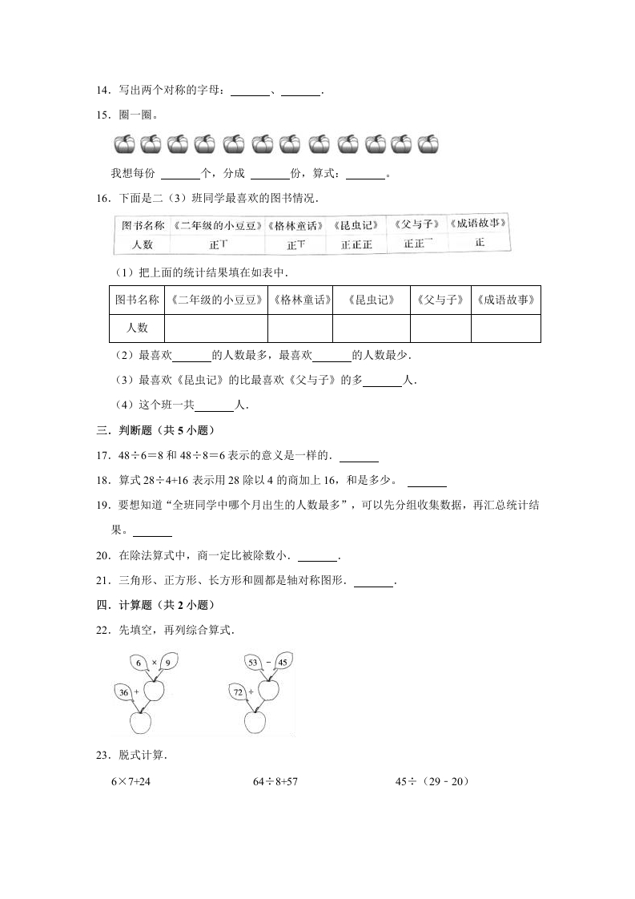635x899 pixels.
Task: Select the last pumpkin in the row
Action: click(x=428, y=144)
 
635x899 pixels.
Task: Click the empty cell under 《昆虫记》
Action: click(x=371, y=328)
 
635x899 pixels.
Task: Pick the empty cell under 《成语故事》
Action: click(x=505, y=328)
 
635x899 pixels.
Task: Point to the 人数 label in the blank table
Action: click(x=136, y=328)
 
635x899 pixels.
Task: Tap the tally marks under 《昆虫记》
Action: click(x=356, y=244)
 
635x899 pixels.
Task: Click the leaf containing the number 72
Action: click(x=239, y=691)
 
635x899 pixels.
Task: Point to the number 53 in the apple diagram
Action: click(x=254, y=662)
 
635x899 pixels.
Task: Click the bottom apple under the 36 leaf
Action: click(x=139, y=722)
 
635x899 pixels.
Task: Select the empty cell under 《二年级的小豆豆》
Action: click(x=215, y=328)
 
